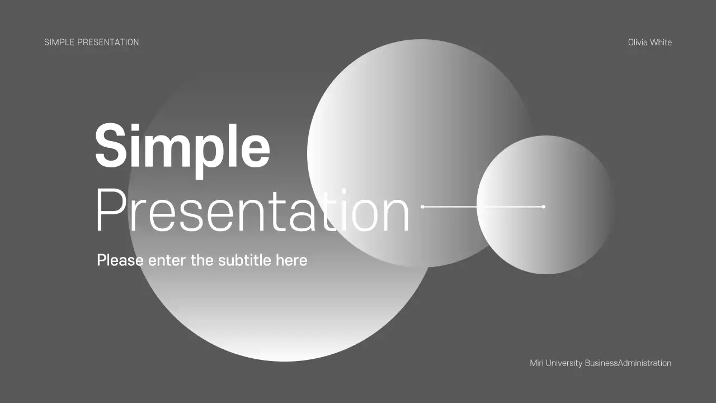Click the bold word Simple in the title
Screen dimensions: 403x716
click(182, 147)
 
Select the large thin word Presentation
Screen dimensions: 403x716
click(252, 212)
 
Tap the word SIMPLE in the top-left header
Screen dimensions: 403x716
click(59, 42)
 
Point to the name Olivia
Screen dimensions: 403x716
click(638, 43)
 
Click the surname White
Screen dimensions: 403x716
click(661, 43)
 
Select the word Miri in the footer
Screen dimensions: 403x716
click(536, 363)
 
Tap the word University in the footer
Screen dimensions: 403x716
click(563, 363)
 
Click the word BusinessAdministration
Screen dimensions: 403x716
click(628, 363)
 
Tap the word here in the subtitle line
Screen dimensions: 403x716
click(291, 260)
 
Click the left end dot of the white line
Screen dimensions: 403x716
click(422, 207)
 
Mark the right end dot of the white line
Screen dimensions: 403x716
click(543, 207)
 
